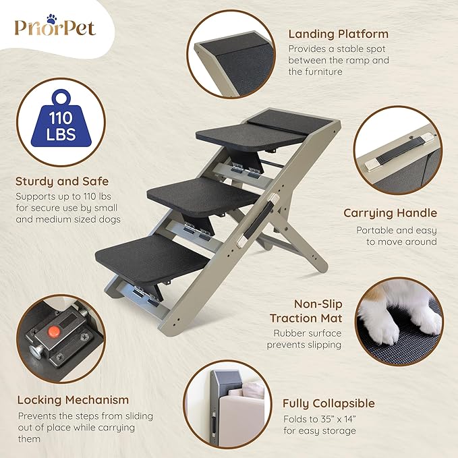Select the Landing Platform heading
tap(337, 34)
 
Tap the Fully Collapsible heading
tap(328, 403)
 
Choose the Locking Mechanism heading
tap(73, 400)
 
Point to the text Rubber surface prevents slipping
tap(308, 339)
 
